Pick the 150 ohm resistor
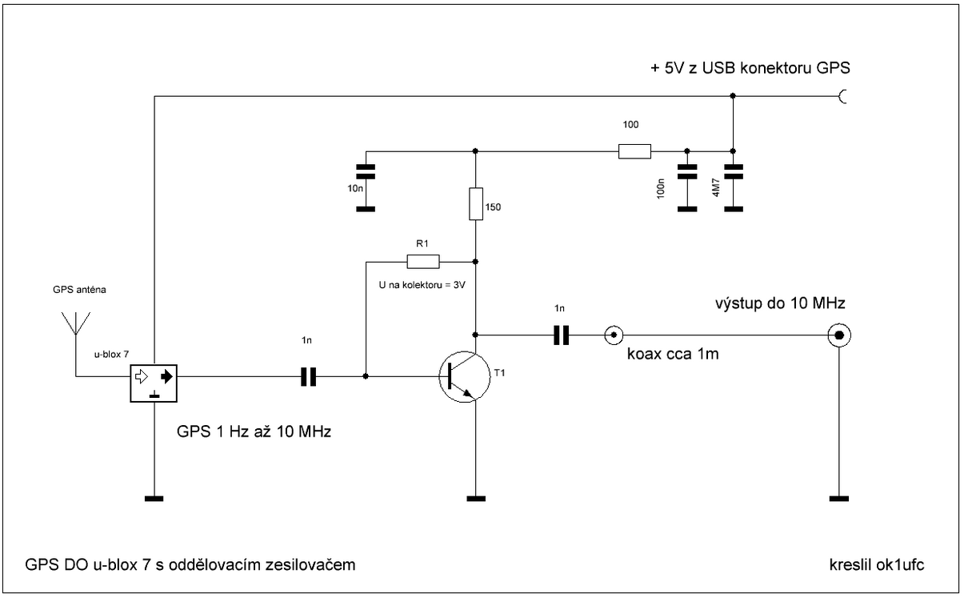point(476,204)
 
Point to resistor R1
point(423,261)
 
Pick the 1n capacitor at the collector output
point(561,334)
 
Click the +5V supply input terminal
point(842,97)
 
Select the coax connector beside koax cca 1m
point(613,334)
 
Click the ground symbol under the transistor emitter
point(476,499)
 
